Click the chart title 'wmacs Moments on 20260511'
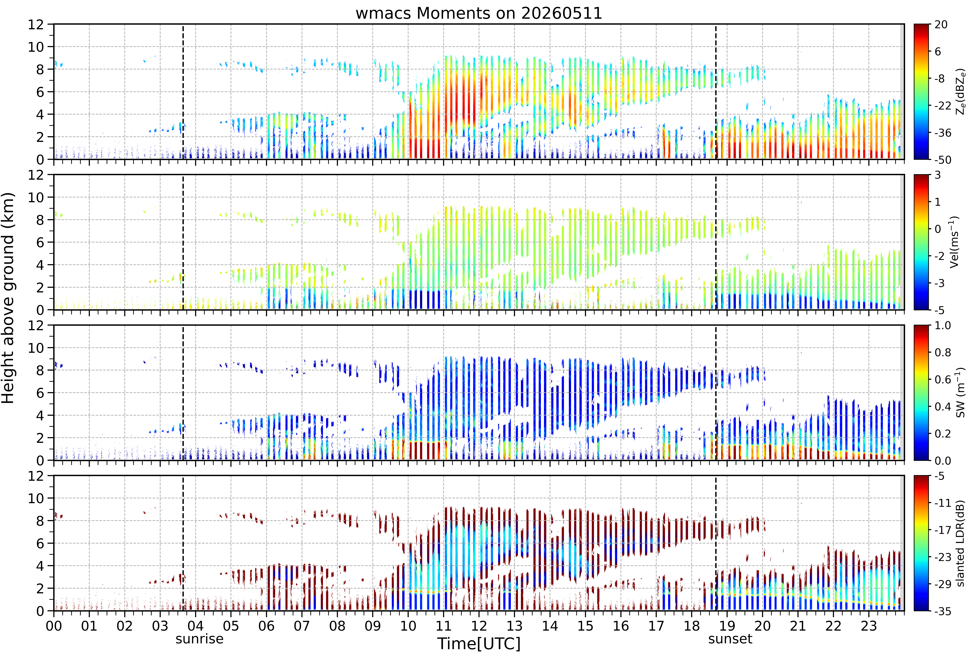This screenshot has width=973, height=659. pos(479,13)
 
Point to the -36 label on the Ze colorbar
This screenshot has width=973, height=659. pos(943,133)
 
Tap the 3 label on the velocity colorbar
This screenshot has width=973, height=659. pos(938,175)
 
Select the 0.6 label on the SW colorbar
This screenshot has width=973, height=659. pos(943,380)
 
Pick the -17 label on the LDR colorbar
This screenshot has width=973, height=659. pos(943,530)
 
